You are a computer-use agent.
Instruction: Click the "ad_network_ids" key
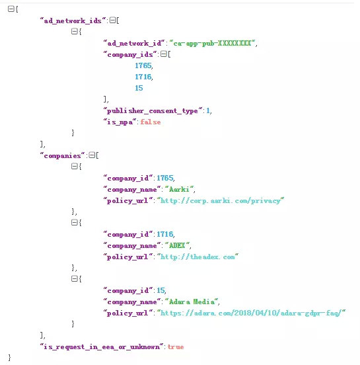click(73, 20)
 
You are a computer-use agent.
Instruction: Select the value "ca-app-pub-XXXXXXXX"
click(212, 43)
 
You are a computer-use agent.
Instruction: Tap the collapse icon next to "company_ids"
click(164, 54)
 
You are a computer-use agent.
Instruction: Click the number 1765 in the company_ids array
click(143, 65)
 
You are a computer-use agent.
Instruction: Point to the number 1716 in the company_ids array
click(143, 77)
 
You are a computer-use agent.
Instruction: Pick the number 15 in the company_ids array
click(139, 88)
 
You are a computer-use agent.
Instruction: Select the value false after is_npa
click(151, 122)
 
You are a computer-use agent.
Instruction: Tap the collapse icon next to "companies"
click(92, 155)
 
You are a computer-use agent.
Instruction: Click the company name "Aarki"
click(179, 190)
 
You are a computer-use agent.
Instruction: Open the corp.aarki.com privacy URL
click(221, 200)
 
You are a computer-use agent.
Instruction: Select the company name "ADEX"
click(177, 245)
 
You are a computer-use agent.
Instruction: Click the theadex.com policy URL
click(198, 257)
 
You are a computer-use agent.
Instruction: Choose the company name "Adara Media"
click(192, 302)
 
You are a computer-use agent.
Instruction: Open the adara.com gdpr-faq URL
click(252, 313)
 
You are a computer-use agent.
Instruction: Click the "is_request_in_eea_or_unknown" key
click(102, 347)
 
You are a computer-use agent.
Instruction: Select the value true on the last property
click(176, 347)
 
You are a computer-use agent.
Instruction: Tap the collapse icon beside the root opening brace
click(11, 9)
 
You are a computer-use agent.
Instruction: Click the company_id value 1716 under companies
click(165, 234)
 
